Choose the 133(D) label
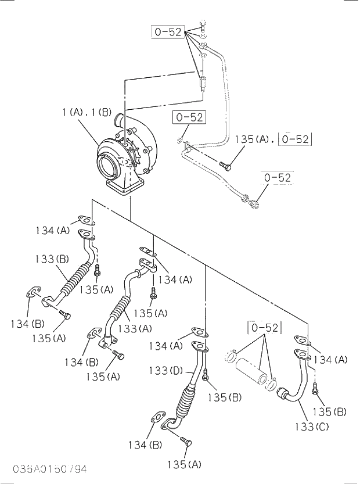pyautogui.click(x=167, y=371)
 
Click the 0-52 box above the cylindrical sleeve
pyautogui.click(x=265, y=328)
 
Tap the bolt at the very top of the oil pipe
pyautogui.click(x=202, y=24)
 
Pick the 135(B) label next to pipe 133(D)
pyautogui.click(x=224, y=397)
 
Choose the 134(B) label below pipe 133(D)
pyautogui.click(x=145, y=445)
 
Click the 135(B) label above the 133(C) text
pyautogui.click(x=329, y=412)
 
